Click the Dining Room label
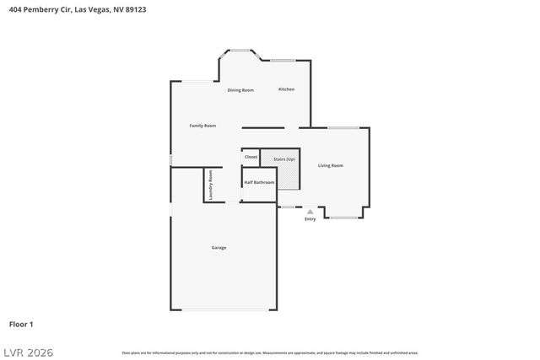(240, 90)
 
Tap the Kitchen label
(287, 89)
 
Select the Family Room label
(202, 126)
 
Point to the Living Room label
(331, 166)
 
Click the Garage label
(219, 248)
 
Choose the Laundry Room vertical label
(211, 185)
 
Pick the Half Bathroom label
(259, 182)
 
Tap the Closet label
(251, 158)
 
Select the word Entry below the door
(310, 220)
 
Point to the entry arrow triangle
(310, 212)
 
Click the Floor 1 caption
(21, 324)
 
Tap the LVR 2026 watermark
(27, 352)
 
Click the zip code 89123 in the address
(126, 9)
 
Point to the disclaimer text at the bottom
(270, 352)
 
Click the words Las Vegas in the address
(91, 9)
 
